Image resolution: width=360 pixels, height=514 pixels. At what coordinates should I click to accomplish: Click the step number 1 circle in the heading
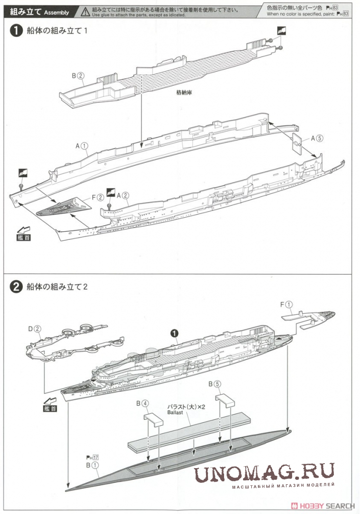17,31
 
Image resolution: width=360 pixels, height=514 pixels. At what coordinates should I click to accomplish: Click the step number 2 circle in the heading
17,287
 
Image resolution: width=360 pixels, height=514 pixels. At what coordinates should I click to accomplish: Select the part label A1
82,146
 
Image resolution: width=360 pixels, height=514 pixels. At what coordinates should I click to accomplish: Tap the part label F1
285,304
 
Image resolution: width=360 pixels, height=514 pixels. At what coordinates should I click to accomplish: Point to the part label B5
214,383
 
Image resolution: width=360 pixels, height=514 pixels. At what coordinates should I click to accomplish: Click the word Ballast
176,412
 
